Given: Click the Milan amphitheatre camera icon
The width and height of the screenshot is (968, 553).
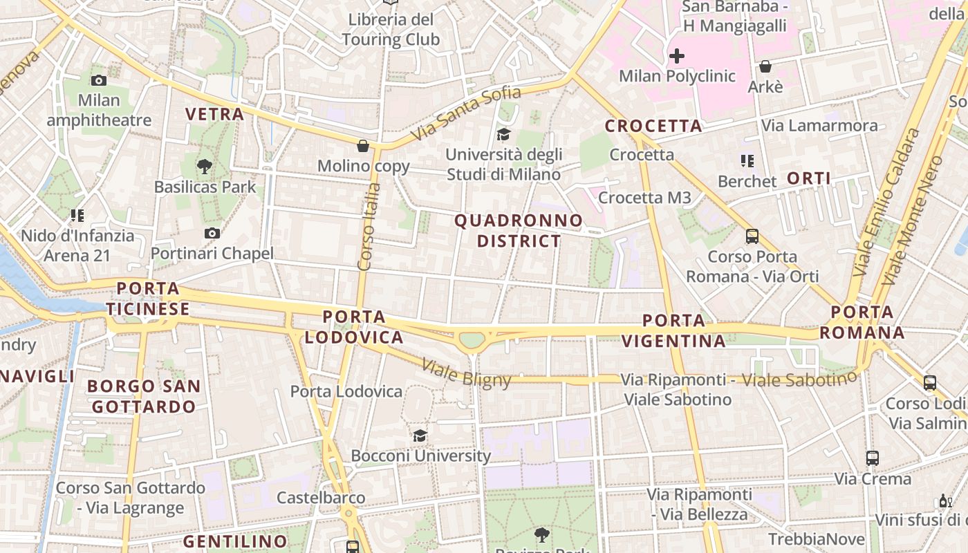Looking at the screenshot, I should click(99, 80).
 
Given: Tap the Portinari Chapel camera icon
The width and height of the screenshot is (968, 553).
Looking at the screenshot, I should click(212, 234).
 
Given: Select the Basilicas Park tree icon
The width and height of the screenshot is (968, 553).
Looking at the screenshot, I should click(204, 167).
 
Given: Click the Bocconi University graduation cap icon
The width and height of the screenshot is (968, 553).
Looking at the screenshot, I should click(420, 435).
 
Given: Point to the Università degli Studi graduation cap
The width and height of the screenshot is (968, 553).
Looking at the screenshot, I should click(503, 134).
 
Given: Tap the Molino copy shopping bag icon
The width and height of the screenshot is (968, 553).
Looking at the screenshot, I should click(362, 146).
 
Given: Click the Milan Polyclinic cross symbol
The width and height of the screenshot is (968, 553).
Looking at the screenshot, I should click(676, 56).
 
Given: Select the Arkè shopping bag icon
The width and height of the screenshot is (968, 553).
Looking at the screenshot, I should click(765, 66).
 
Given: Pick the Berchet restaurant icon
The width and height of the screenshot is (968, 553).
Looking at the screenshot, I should click(747, 161).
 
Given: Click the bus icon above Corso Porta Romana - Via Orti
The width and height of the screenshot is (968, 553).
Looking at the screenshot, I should click(752, 236).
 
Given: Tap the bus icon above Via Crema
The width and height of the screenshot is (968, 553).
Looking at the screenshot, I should click(873, 458).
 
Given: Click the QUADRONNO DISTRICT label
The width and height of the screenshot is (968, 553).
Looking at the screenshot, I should click(519, 231).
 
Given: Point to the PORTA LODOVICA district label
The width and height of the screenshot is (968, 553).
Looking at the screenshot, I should click(354, 327).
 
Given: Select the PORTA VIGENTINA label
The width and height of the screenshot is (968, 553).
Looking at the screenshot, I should click(673, 330).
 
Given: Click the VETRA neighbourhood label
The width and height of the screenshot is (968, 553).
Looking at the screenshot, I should click(214, 114).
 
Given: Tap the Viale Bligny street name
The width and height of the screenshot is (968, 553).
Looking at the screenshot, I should click(466, 373).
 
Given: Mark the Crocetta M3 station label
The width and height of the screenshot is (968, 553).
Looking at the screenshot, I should click(644, 198).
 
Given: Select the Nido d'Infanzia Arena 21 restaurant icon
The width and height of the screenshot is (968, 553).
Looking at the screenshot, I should click(77, 216).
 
